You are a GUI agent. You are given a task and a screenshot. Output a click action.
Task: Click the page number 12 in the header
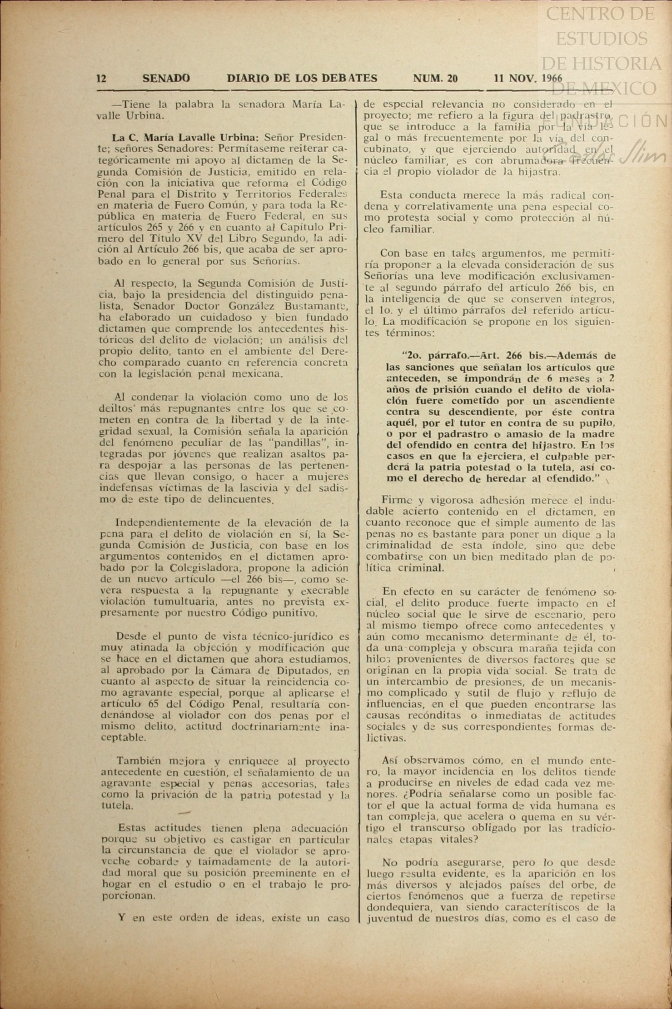pyautogui.click(x=101, y=79)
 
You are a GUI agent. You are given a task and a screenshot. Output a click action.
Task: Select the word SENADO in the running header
pyautogui.click(x=166, y=79)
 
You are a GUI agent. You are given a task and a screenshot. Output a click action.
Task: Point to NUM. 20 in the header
pyautogui.click(x=435, y=79)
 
